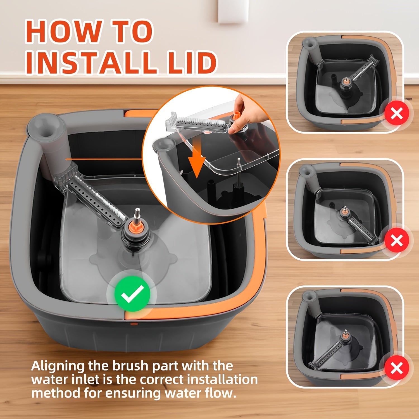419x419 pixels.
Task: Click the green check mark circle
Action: coord(132,294)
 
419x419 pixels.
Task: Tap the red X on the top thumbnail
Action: coord(397,113)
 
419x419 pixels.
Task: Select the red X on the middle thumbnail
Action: coord(397,241)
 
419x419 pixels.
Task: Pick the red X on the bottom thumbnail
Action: coord(397,368)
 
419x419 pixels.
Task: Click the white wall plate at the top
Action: coord(233,11)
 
